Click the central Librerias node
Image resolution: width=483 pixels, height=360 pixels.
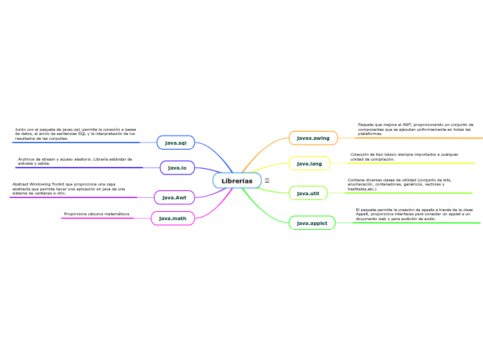tap(237, 181)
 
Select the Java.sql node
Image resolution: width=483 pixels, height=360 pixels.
tap(175, 143)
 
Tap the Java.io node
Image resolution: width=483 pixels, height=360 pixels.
tap(177, 168)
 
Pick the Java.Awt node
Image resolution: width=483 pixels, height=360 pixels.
tap(174, 197)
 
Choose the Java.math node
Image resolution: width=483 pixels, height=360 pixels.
tap(173, 218)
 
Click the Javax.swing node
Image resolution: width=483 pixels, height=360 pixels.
tap(313, 138)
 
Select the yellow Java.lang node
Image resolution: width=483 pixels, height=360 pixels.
tap(309, 163)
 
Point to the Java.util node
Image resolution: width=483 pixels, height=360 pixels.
tap(308, 193)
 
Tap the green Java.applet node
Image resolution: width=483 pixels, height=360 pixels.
tap(312, 223)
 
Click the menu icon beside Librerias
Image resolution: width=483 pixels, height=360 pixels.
tap(267, 181)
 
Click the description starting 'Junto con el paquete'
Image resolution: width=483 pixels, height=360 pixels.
tap(75, 134)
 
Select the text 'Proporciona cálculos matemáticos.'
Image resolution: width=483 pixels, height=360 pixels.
tap(97, 214)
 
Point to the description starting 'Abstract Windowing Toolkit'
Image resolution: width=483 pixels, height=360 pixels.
tap(69, 188)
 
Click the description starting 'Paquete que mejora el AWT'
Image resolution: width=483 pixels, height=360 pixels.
tap(415, 129)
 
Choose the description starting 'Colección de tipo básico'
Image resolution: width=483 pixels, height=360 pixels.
tap(404, 156)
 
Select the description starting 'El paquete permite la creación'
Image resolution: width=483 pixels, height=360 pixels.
tap(414, 213)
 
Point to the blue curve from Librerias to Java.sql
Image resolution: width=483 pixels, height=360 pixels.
tap(216, 156)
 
